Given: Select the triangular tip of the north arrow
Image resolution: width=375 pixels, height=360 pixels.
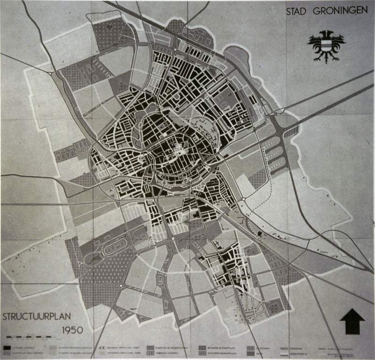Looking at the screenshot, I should tap(352, 314).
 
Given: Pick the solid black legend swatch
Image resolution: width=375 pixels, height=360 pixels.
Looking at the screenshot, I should tap(9, 346).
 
